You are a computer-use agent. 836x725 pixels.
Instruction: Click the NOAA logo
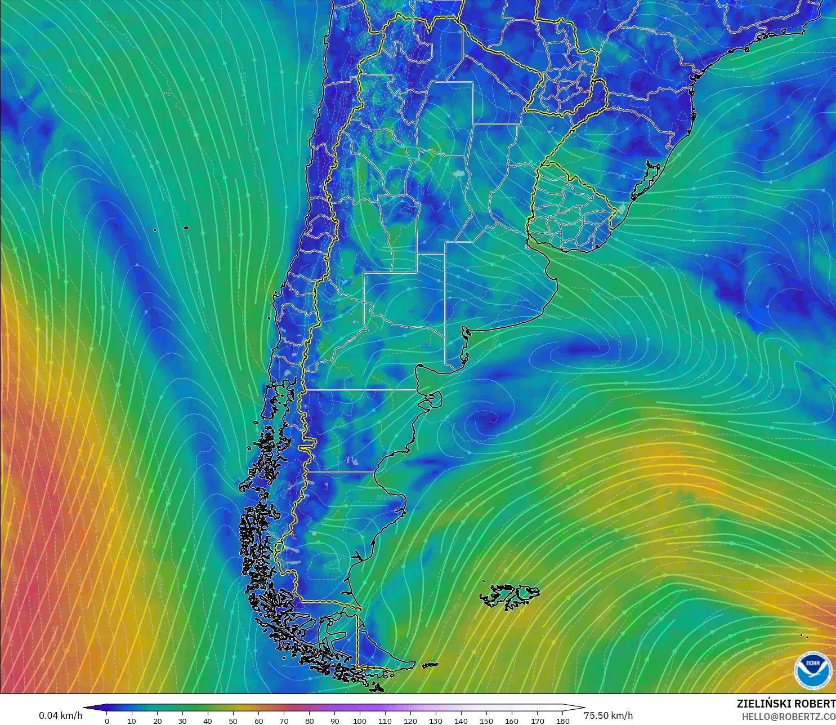point(812,669)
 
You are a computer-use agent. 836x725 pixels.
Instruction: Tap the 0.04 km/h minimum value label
point(60,715)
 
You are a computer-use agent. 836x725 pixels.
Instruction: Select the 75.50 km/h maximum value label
point(608,715)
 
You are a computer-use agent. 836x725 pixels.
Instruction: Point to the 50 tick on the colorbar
point(233,720)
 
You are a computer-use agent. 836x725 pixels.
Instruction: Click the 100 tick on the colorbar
point(360,720)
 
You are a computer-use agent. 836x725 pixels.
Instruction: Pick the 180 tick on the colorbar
point(562,720)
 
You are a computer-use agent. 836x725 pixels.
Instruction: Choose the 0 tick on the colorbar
point(107,720)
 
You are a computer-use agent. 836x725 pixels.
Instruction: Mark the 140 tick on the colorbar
point(461,720)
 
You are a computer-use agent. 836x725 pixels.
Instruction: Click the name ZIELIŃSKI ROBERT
point(786,704)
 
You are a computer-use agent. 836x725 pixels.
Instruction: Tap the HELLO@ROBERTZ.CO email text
point(788,717)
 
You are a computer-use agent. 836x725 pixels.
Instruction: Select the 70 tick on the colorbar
point(284,720)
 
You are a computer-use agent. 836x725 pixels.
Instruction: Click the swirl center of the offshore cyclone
point(488,419)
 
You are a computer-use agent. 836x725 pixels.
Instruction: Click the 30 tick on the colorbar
point(182,720)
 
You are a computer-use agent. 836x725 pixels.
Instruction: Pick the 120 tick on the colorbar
point(410,720)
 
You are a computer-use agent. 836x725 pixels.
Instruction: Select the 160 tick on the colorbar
point(512,720)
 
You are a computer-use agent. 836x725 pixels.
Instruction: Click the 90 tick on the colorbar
point(334,720)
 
